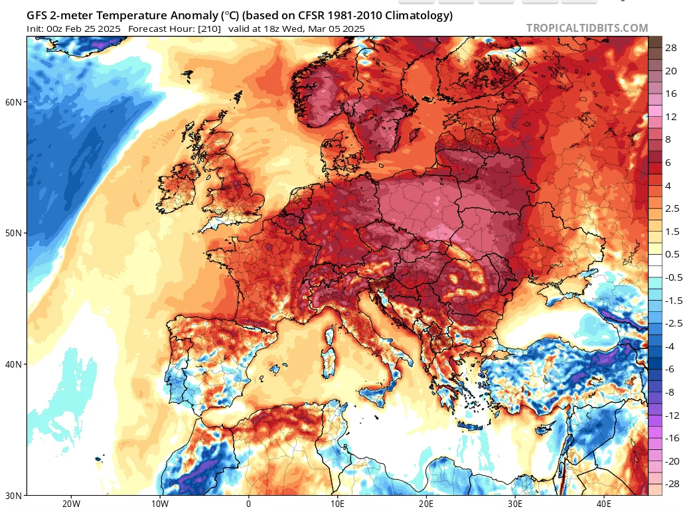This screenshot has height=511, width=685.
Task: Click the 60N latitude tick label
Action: (x=13, y=102)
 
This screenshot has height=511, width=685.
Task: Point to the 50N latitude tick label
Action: (x=13, y=233)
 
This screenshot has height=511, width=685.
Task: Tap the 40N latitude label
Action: (x=13, y=364)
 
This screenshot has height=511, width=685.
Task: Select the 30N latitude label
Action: (x=13, y=496)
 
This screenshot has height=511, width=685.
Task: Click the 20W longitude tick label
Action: (x=71, y=504)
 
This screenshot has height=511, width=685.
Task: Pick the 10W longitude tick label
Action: (x=160, y=504)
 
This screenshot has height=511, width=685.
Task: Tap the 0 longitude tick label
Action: (x=248, y=504)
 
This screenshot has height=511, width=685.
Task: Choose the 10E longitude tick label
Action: (x=337, y=504)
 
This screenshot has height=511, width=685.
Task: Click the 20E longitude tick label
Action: (x=426, y=504)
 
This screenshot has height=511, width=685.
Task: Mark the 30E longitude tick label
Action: (x=515, y=504)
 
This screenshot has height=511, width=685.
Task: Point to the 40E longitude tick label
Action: (x=604, y=504)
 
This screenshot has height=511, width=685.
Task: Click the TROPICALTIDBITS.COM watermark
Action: (x=587, y=28)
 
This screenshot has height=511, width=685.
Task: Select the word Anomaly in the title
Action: (x=194, y=16)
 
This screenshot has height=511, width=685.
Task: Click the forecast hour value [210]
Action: (x=209, y=29)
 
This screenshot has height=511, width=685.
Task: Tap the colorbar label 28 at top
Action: (x=671, y=48)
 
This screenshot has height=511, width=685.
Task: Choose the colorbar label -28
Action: (x=672, y=484)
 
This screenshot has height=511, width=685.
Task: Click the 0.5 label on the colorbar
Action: (x=672, y=254)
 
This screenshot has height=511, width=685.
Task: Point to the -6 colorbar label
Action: (x=670, y=369)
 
